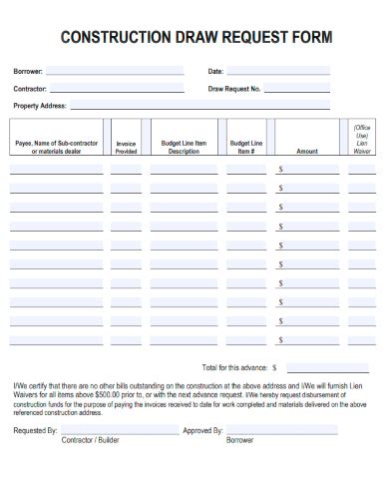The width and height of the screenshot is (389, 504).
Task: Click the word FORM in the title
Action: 308,38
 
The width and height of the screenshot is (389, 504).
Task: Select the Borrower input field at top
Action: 115,72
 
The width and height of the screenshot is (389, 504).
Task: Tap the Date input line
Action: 279,72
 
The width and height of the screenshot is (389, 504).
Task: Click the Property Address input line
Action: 199,106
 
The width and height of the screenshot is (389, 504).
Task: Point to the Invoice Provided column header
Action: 126,148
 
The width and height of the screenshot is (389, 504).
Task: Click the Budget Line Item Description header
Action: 184,148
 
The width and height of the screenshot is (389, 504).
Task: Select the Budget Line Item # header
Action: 246,148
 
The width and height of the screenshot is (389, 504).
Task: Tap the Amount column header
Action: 307,152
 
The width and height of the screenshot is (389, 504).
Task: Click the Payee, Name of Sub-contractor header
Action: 57,148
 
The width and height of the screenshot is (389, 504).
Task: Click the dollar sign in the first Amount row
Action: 281,171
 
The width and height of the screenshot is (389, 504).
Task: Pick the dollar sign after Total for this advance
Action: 275,366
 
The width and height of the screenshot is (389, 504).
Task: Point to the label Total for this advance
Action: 234,366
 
